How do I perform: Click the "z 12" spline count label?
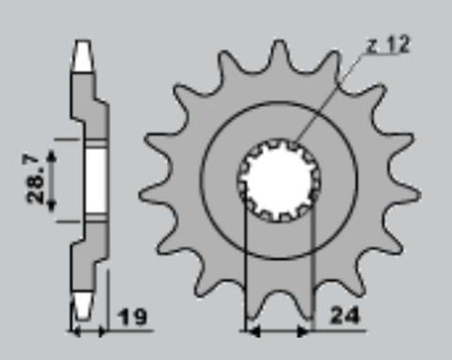pyautogui.click(x=387, y=45)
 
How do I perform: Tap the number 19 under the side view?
pyautogui.click(x=135, y=318)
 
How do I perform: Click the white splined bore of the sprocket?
pyautogui.click(x=279, y=180)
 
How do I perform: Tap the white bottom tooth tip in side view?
pyautogui.click(x=83, y=307)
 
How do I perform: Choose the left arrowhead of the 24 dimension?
pyautogui.click(x=250, y=332)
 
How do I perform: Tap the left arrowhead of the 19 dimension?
pyautogui.click(x=76, y=332)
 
